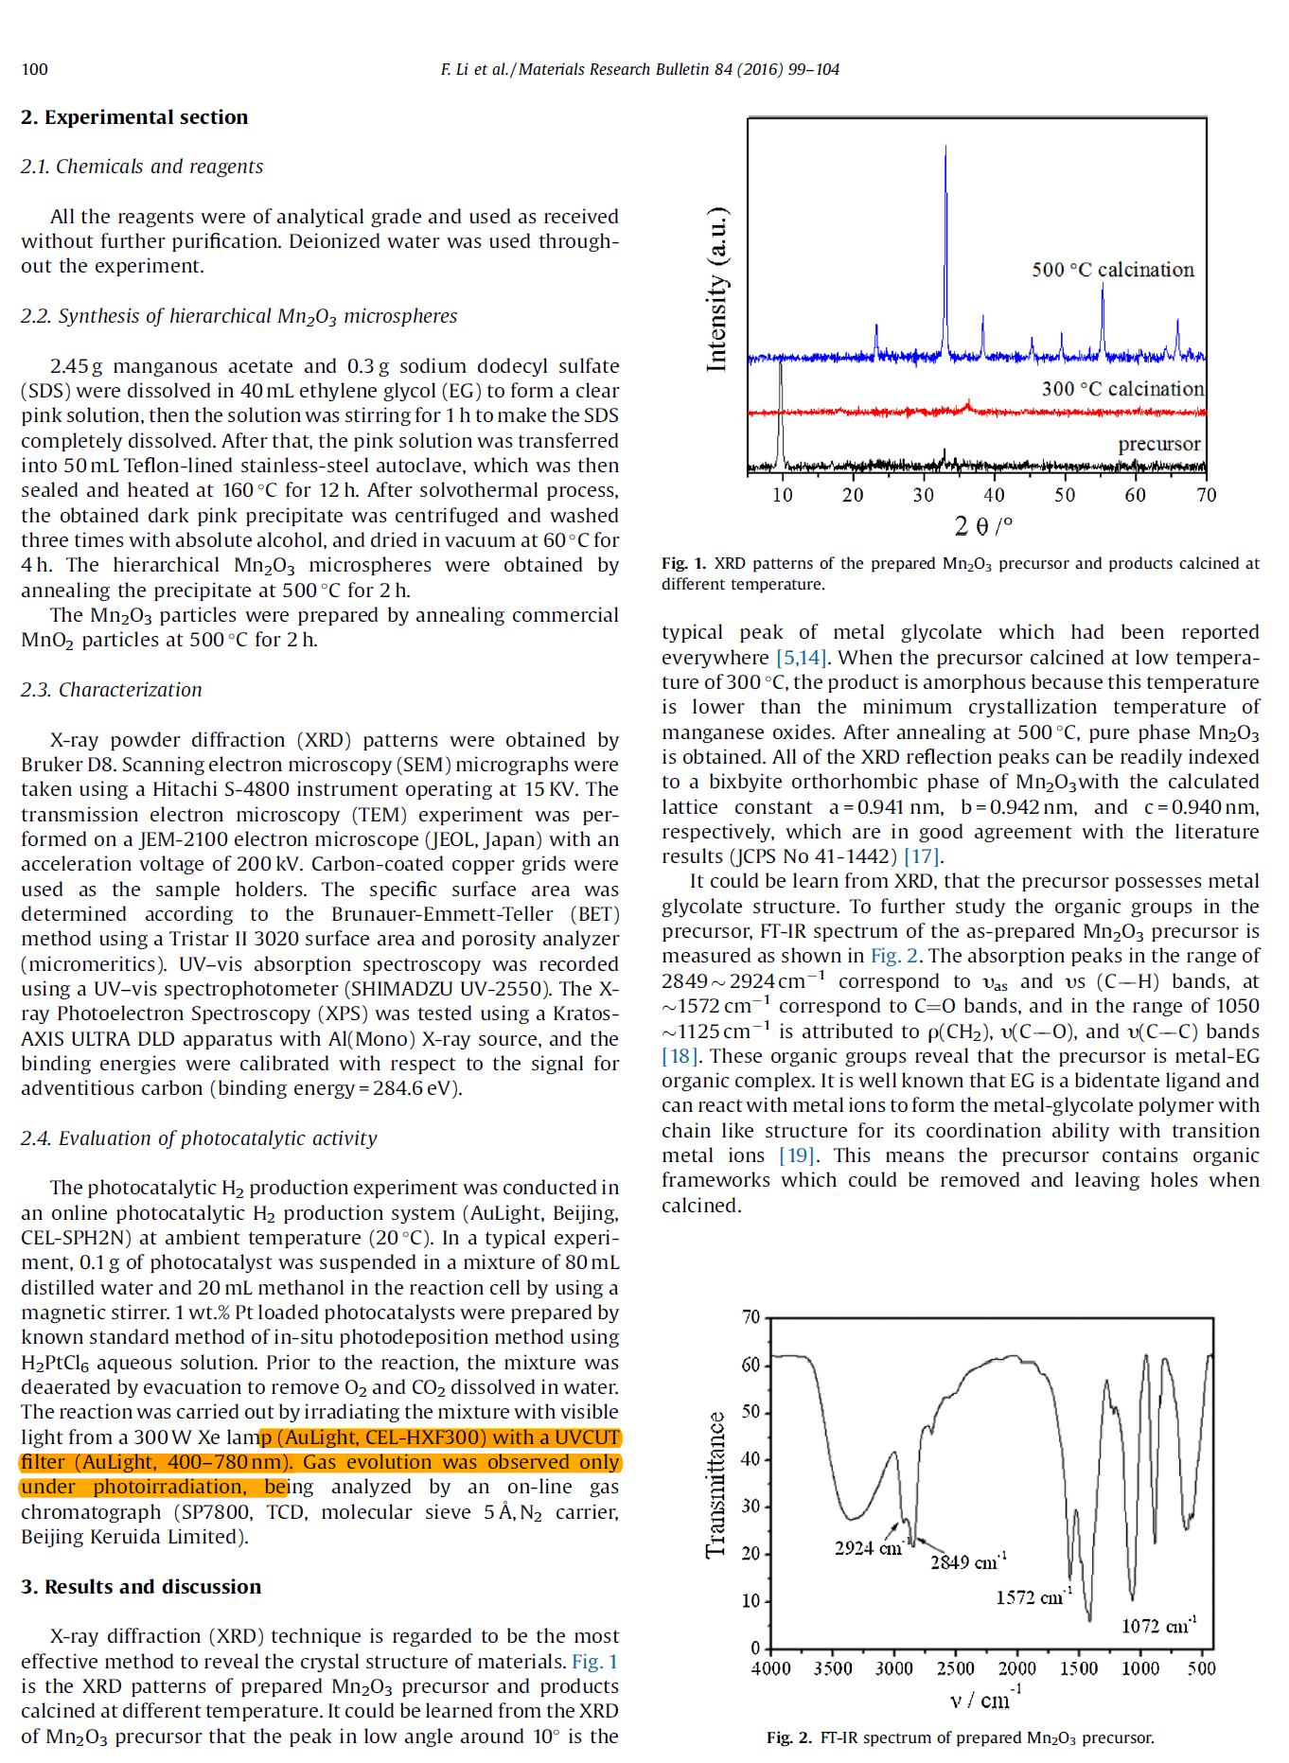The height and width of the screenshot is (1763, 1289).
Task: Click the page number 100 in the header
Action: (x=34, y=69)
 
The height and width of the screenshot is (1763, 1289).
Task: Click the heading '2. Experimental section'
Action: (x=134, y=117)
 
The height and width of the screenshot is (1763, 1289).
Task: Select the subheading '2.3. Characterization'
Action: (x=112, y=690)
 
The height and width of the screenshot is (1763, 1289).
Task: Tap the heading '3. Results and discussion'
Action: (x=141, y=1587)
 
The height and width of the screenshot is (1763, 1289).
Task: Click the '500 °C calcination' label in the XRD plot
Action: (x=1112, y=270)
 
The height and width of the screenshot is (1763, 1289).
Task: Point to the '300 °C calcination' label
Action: (x=1122, y=389)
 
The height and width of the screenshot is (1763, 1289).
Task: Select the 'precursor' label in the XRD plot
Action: (x=1158, y=444)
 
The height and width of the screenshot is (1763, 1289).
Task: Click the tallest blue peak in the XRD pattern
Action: (x=945, y=151)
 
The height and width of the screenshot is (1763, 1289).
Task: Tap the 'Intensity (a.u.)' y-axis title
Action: (x=717, y=289)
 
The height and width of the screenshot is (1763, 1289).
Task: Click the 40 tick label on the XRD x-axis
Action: (x=994, y=495)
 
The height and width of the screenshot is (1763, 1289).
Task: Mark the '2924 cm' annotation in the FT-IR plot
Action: (x=867, y=1548)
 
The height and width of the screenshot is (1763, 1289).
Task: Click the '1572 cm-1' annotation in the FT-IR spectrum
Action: (x=1033, y=1597)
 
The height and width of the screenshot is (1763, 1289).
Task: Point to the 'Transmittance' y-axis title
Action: (x=715, y=1485)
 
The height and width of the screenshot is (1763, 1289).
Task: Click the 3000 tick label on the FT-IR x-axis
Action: (x=893, y=1668)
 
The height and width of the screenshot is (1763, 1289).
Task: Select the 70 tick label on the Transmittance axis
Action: (x=750, y=1317)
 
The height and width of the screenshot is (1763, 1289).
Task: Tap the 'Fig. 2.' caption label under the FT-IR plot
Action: (x=788, y=1737)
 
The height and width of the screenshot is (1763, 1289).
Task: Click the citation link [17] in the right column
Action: (x=921, y=856)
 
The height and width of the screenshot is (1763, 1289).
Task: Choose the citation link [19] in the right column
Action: (x=796, y=1155)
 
